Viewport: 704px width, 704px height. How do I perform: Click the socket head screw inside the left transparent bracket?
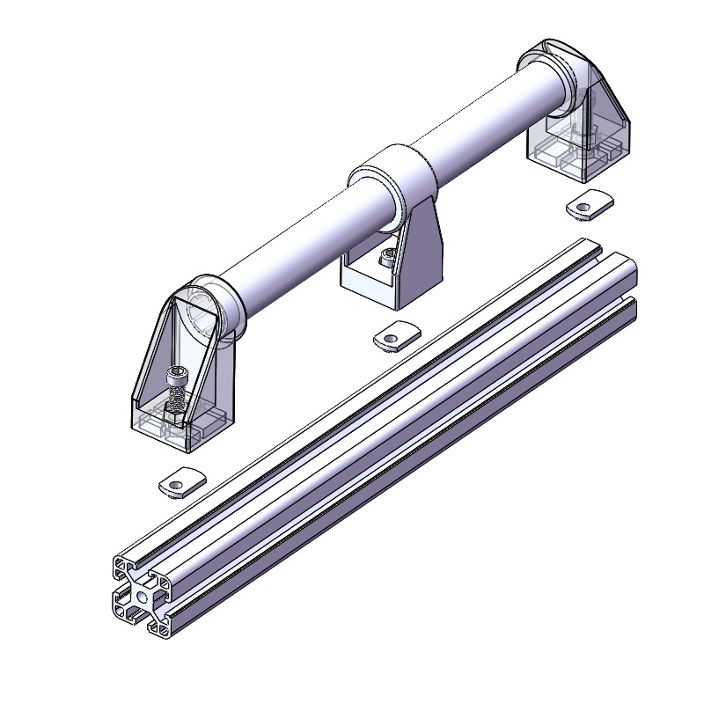click(x=176, y=377)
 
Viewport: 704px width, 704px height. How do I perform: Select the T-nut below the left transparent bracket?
click(x=182, y=482)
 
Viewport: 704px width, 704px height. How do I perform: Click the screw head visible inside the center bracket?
click(x=386, y=258)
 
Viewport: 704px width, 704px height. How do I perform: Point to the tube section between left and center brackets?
click(x=290, y=238)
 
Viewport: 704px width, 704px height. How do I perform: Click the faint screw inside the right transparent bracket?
click(x=576, y=132)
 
